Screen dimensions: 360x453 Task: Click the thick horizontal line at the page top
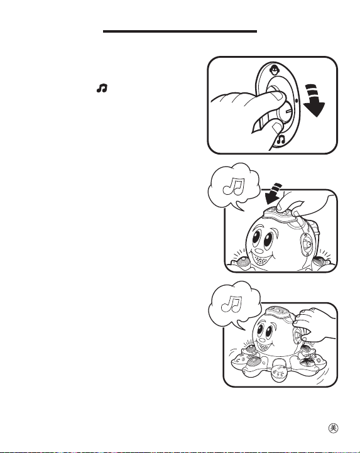click(x=180, y=31)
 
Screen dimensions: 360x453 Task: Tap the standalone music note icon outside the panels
click(x=102, y=88)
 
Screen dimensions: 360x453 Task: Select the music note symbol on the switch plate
click(x=281, y=140)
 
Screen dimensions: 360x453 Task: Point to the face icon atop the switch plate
click(x=273, y=69)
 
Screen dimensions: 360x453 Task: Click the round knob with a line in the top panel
click(x=285, y=112)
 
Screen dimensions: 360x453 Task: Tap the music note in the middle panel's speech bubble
click(x=234, y=186)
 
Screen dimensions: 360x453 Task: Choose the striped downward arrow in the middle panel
click(x=273, y=193)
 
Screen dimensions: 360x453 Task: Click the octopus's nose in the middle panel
click(x=259, y=250)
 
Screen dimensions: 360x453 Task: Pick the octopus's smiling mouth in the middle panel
click(x=262, y=258)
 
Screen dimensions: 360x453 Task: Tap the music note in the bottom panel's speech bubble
click(x=231, y=304)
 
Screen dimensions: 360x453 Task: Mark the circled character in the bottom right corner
click(x=334, y=428)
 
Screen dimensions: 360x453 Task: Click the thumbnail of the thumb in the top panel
click(x=279, y=96)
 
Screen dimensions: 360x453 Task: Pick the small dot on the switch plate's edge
click(x=297, y=101)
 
